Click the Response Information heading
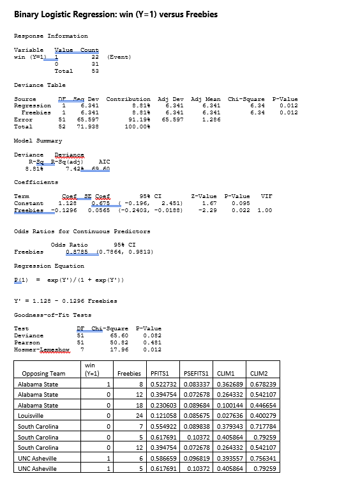(51, 36)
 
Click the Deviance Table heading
(40, 85)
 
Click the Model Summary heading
(38, 141)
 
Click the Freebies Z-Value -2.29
(205, 210)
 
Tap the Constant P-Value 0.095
(240, 203)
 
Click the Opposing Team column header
(43, 373)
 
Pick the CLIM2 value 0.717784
(263, 426)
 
